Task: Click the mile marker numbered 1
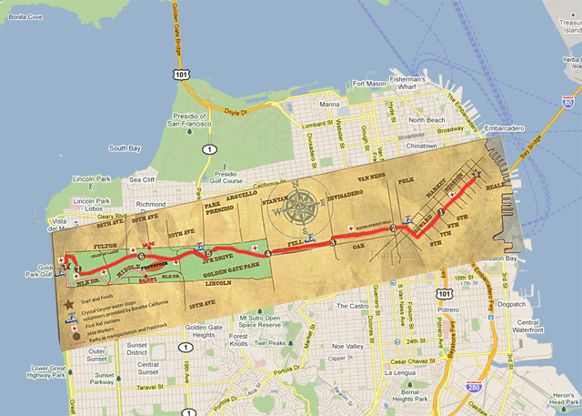(441, 211)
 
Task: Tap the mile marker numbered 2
(394, 228)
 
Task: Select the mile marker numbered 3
(333, 243)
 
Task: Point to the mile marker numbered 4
(269, 252)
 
